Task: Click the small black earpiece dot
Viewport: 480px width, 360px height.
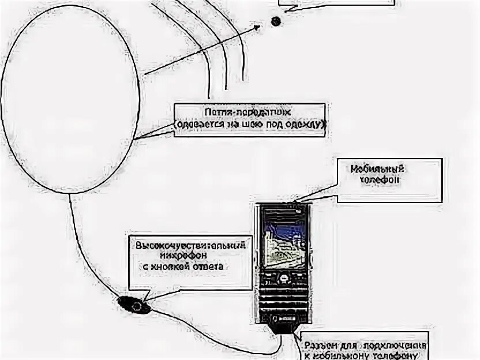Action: point(275,21)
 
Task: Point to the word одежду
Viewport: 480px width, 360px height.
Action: point(309,123)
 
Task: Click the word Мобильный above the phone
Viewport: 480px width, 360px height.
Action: point(377,169)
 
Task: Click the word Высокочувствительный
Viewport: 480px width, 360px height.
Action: point(190,245)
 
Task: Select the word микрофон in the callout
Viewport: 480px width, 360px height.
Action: point(187,255)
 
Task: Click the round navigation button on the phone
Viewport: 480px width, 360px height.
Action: point(284,279)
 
